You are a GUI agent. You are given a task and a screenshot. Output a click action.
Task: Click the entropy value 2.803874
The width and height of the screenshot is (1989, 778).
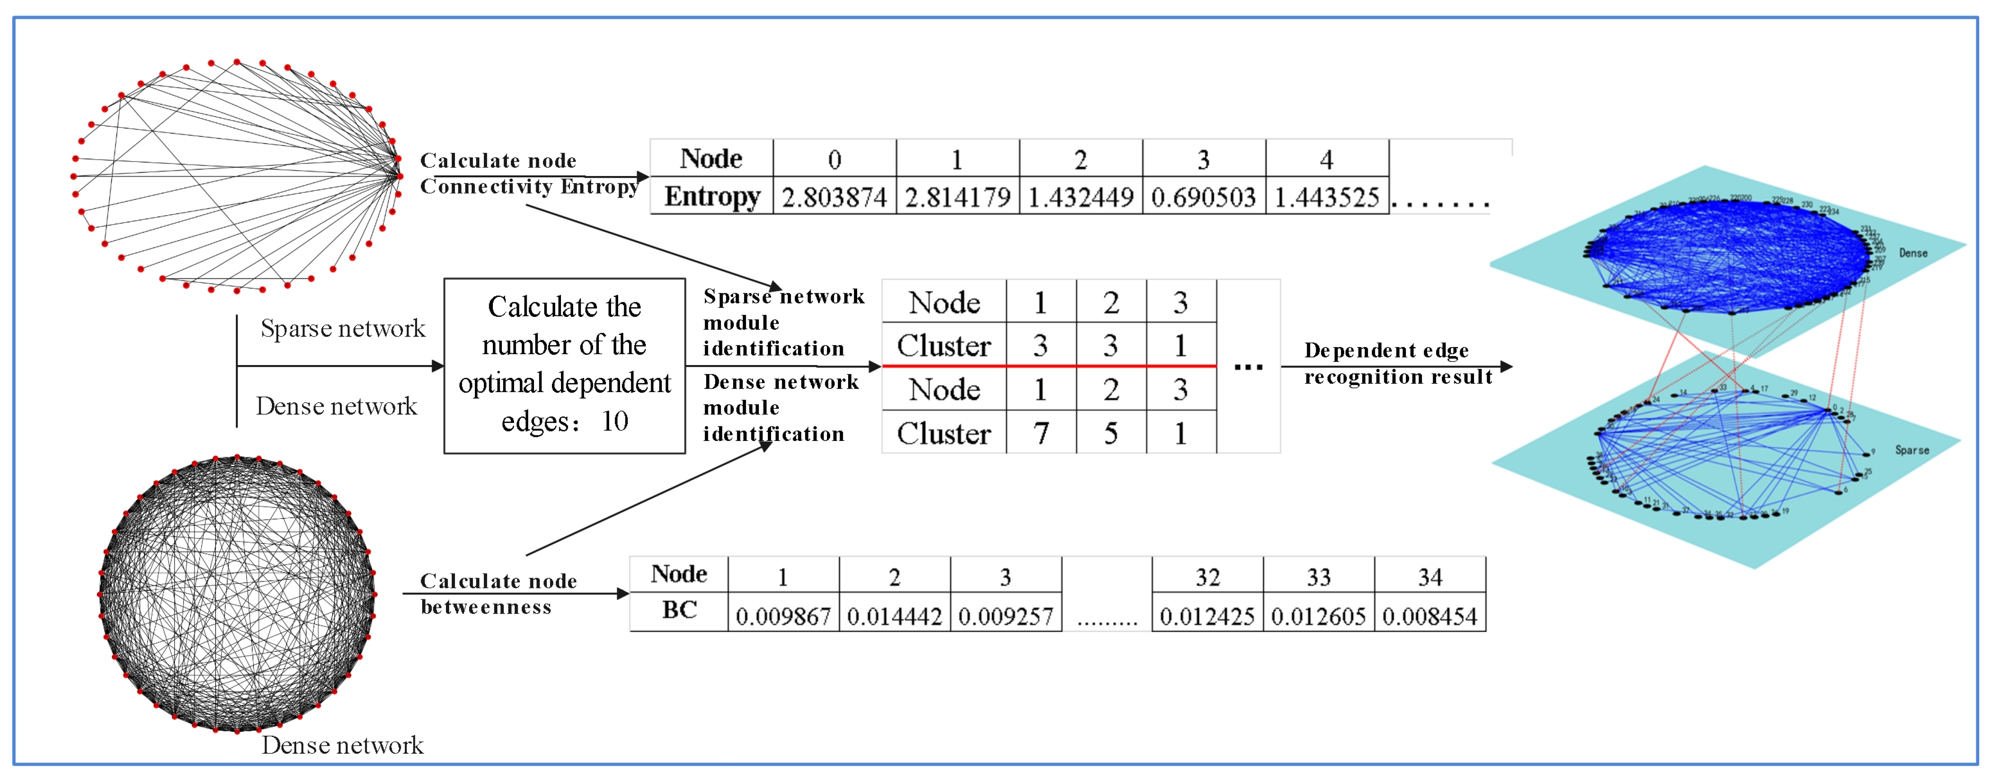(834, 197)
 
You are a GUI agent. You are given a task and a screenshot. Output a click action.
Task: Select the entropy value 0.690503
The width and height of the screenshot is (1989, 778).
(1203, 197)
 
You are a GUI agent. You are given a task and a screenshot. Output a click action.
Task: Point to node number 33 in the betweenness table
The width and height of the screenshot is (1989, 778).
(1318, 576)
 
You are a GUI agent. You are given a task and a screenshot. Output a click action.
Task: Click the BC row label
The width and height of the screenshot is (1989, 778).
(680, 610)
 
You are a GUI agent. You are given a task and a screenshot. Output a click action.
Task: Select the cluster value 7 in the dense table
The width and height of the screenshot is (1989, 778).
(1041, 433)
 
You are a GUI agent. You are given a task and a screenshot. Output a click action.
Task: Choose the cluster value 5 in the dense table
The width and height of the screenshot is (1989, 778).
(1110, 433)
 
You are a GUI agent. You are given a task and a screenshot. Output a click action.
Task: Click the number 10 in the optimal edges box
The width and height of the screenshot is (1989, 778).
(616, 421)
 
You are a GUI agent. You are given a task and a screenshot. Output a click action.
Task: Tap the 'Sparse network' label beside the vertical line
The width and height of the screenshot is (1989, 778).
(343, 329)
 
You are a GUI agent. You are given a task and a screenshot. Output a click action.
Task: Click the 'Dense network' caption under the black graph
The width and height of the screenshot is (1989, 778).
(343, 745)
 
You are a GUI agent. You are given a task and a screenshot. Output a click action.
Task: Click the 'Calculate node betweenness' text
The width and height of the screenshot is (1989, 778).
(498, 593)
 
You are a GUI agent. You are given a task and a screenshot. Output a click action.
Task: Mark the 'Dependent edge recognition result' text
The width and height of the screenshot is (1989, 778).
(1397, 363)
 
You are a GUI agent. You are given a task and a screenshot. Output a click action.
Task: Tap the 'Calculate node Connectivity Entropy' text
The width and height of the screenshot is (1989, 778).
(529, 173)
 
